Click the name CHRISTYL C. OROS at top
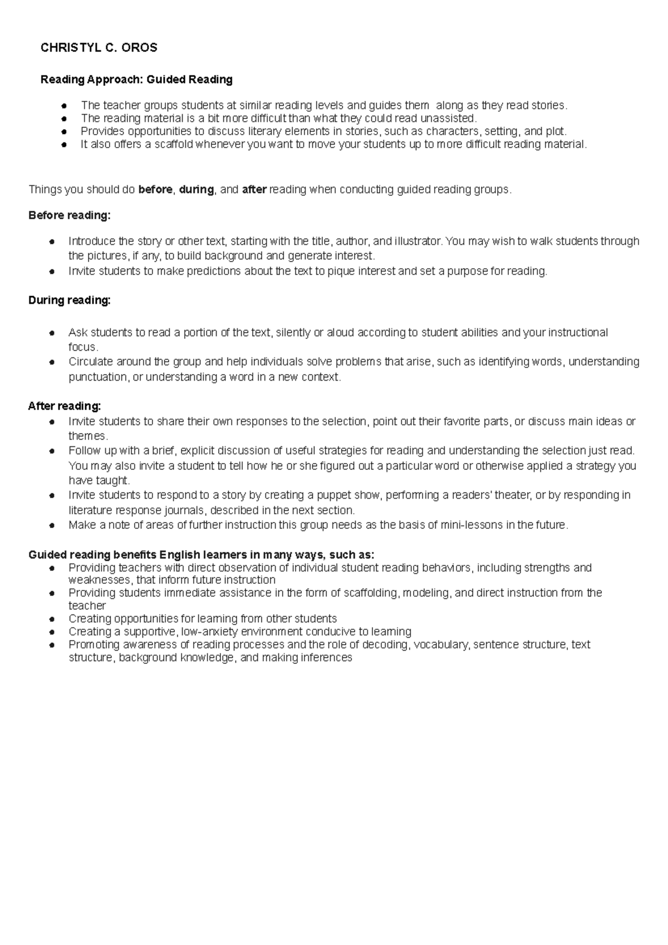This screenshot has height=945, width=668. click(99, 48)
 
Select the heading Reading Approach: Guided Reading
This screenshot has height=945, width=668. click(136, 80)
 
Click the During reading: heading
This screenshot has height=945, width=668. click(70, 301)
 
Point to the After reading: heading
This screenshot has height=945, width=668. click(65, 406)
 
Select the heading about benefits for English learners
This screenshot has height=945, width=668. click(202, 555)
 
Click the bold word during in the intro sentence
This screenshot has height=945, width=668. click(196, 190)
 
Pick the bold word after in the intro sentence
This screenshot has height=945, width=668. click(254, 190)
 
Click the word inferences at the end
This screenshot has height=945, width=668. click(326, 658)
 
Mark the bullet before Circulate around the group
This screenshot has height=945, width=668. click(51, 362)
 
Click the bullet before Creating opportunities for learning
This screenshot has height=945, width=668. click(51, 619)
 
